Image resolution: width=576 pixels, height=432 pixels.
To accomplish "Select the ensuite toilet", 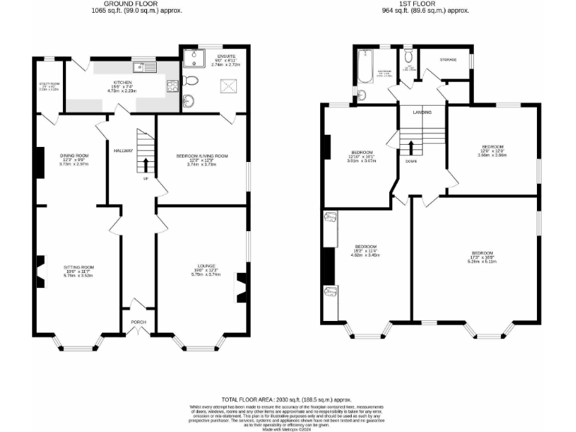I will click(190, 81).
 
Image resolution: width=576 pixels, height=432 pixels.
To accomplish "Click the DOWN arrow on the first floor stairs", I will click(411, 147).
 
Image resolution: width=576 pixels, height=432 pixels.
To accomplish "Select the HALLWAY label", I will click(123, 151).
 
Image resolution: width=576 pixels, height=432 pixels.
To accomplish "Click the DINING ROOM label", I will click(74, 155).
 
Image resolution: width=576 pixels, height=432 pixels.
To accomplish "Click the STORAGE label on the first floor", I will click(448, 58).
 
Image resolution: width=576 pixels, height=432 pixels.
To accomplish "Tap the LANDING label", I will click(422, 112).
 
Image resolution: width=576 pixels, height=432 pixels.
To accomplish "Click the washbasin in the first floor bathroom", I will click(362, 94).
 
